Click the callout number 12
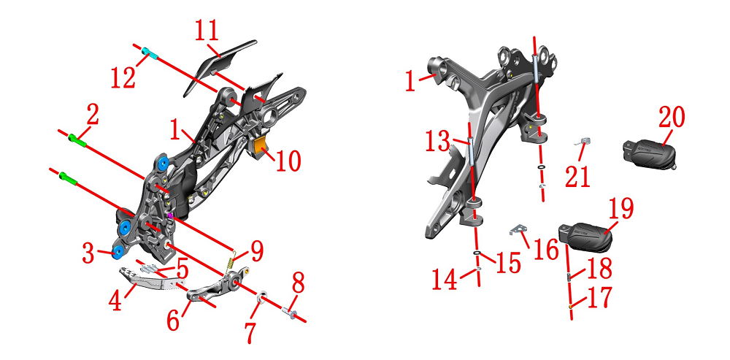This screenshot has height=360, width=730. tap(123, 77)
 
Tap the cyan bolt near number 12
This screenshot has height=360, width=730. tap(150, 53)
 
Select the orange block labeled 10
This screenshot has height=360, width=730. tap(261, 146)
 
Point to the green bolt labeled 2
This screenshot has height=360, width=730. tap(77, 140)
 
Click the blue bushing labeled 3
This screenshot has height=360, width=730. tap(117, 252)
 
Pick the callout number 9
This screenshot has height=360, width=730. tap(256, 251)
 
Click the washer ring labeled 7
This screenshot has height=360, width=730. tap(263, 297)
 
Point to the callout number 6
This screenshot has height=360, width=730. tap(173, 321)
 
